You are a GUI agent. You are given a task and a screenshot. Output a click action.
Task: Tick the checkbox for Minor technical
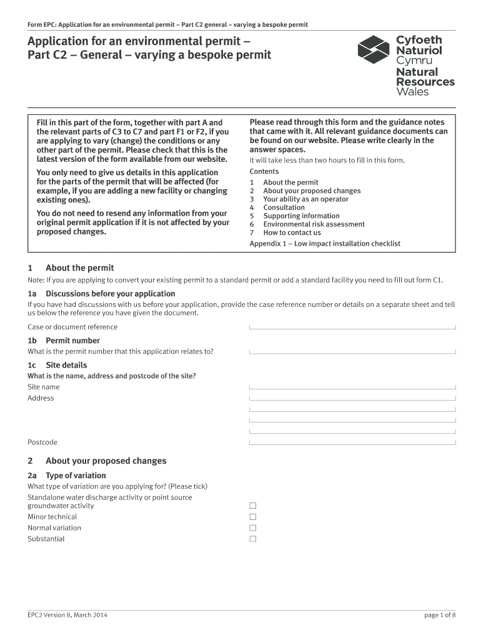point(253,517)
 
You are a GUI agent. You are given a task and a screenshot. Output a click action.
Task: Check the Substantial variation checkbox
point(253,539)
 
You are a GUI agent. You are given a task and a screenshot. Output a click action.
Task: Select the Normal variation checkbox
point(253,528)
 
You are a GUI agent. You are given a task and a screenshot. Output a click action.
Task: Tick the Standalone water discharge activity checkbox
point(253,506)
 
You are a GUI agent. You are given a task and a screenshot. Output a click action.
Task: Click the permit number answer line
point(352,351)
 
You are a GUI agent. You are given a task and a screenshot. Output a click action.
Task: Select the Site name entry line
point(352,387)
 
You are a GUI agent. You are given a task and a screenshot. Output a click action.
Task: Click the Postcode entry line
point(352,442)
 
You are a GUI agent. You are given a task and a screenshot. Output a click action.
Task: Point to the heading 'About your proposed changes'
point(106,461)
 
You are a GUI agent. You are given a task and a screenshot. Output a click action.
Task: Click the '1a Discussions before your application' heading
point(101,294)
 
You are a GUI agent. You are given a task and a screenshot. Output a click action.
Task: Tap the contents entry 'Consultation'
point(284,207)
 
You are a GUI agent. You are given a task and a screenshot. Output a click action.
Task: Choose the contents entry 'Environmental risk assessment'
point(314,224)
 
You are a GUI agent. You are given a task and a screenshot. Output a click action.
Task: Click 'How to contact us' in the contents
point(292,232)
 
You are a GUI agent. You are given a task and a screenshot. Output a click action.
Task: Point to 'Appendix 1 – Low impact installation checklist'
point(325,244)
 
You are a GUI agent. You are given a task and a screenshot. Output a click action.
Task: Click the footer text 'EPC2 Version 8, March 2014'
point(67,615)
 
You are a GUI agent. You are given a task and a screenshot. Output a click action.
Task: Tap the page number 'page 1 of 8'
point(440,615)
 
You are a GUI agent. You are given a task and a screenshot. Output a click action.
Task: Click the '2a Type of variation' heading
point(67,476)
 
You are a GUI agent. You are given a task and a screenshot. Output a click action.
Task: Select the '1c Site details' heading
point(57,365)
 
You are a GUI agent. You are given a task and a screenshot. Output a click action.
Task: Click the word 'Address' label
point(41,398)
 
